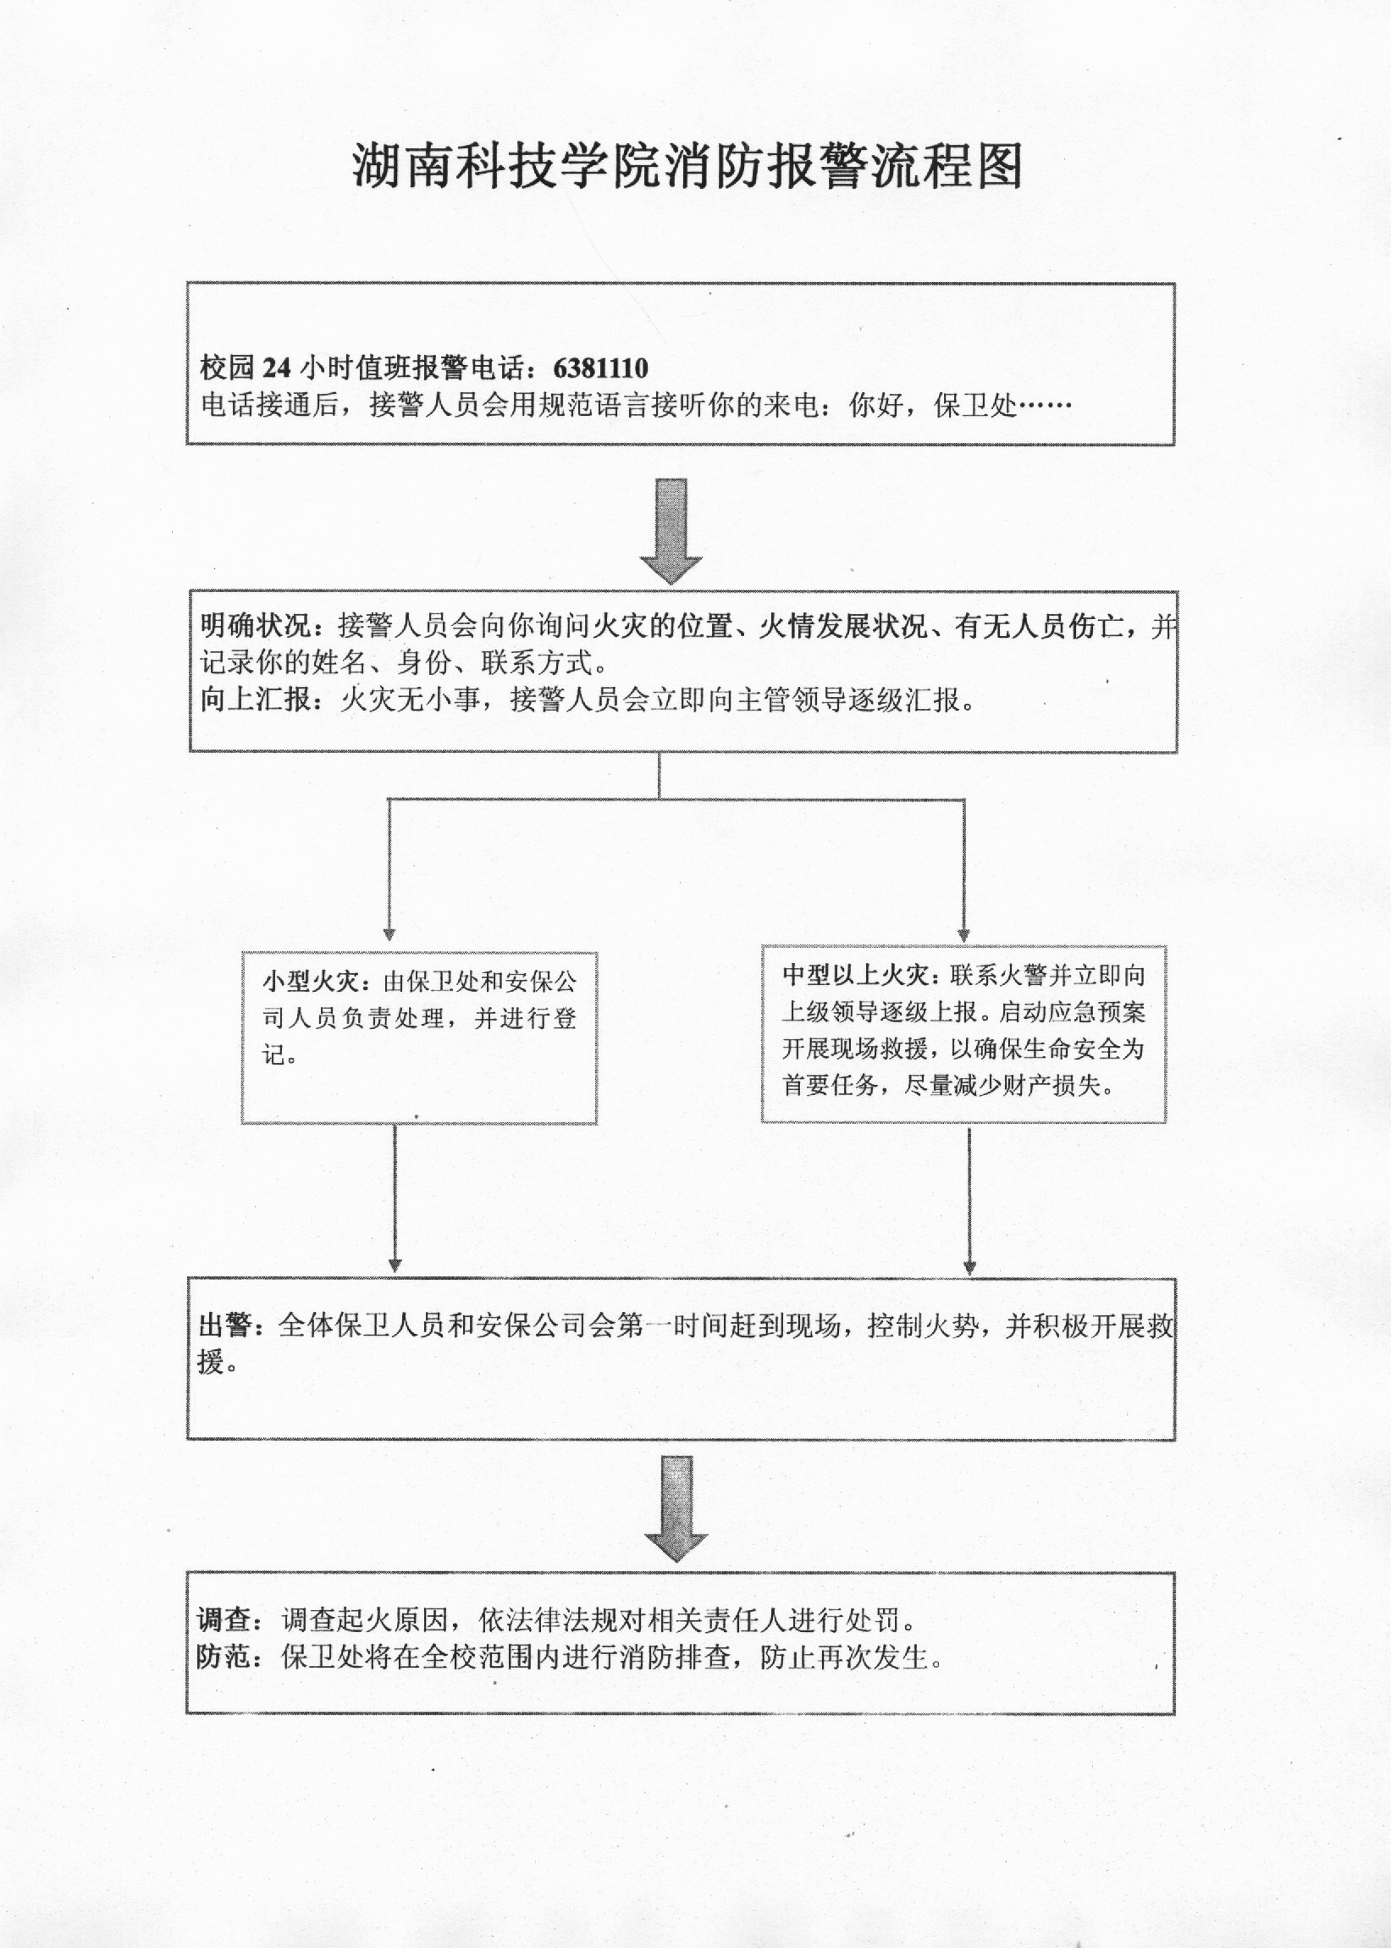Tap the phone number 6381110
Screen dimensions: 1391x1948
tap(600, 368)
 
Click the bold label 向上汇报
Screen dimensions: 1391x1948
tap(254, 700)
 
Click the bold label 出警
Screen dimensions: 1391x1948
tap(225, 1326)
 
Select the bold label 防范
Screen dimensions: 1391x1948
tap(224, 1657)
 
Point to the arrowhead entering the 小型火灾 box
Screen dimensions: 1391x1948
tap(389, 934)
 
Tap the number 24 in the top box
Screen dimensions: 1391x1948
tap(278, 368)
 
